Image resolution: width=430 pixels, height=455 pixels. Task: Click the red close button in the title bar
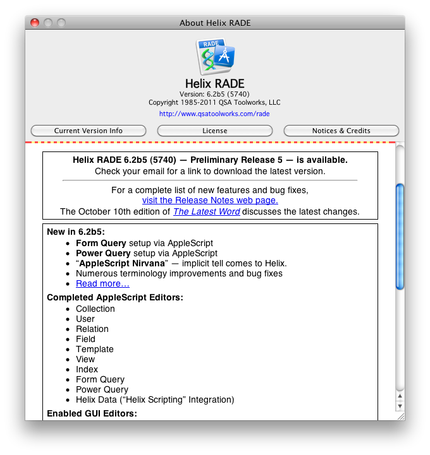pyautogui.click(x=35, y=23)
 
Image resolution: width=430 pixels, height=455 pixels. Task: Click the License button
pyautogui.click(x=214, y=131)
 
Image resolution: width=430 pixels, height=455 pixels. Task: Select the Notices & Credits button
pyautogui.click(x=341, y=131)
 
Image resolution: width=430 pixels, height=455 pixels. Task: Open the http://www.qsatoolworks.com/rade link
pyautogui.click(x=214, y=114)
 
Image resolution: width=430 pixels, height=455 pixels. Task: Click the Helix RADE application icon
pyautogui.click(x=215, y=57)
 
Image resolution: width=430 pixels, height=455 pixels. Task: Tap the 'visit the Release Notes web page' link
pyautogui.click(x=210, y=200)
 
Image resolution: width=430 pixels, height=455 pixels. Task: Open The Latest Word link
pyautogui.click(x=207, y=211)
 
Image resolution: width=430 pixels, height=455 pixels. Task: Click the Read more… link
pyautogui.click(x=102, y=283)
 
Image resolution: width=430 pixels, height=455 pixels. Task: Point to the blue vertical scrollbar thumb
pyautogui.click(x=399, y=237)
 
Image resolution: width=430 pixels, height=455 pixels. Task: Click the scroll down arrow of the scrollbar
pyautogui.click(x=399, y=406)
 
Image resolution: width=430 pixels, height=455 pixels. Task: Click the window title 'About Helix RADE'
pyautogui.click(x=215, y=23)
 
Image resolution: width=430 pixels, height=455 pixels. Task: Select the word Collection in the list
pyautogui.click(x=95, y=309)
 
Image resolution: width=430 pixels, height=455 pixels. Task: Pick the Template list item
pyautogui.click(x=95, y=349)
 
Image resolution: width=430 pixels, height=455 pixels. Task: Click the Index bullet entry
pyautogui.click(x=87, y=369)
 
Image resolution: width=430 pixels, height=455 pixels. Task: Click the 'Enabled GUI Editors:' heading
pyautogui.click(x=92, y=414)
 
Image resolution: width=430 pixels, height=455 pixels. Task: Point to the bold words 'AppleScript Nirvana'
pyautogui.click(x=120, y=263)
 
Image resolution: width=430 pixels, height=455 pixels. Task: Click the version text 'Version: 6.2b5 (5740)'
pyautogui.click(x=214, y=94)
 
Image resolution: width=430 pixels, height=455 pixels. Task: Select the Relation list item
pyautogui.click(x=92, y=329)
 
